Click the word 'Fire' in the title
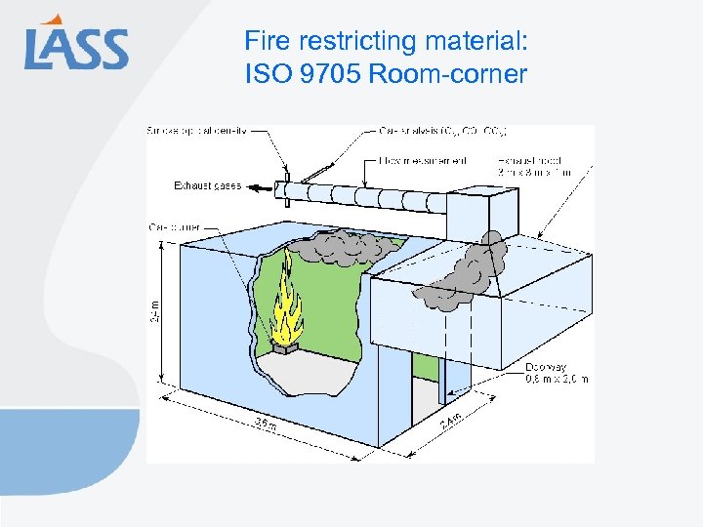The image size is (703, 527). coord(265,41)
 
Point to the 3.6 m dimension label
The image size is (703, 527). coord(265,422)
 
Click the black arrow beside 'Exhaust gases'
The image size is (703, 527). coord(257,185)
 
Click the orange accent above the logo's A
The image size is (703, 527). coord(58,19)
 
